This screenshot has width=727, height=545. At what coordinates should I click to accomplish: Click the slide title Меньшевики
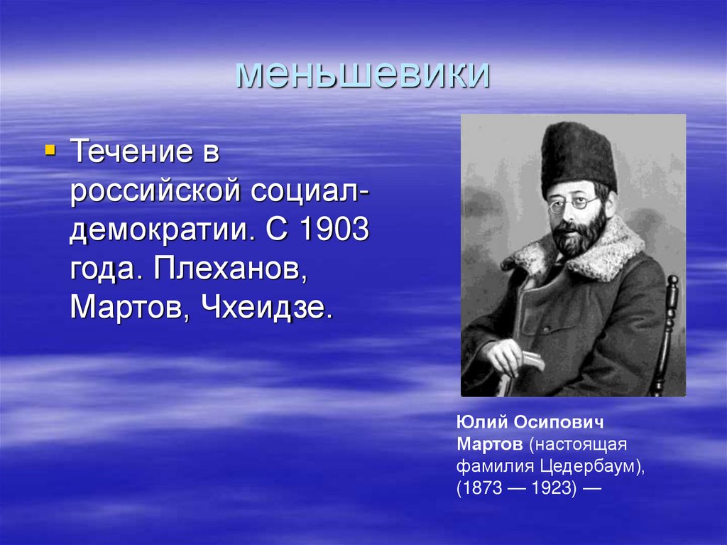362,74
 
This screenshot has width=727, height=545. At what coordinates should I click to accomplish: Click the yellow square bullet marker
49,150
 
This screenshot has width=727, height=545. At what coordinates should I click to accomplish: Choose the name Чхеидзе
267,309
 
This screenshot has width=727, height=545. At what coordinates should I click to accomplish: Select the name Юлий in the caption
480,424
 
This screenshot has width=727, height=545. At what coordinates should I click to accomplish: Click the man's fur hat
578,157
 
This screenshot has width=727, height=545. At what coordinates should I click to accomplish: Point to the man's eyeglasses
573,204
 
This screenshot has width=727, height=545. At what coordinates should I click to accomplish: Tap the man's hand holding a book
509,355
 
